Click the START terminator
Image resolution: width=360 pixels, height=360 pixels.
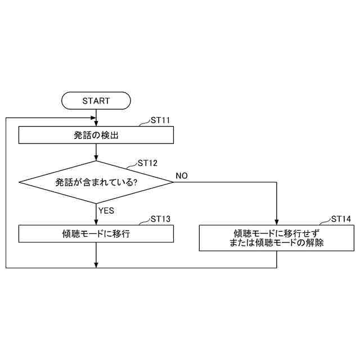(96, 101)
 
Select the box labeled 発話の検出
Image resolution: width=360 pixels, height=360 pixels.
(96, 135)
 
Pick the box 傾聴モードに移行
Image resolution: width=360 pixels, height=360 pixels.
(96, 233)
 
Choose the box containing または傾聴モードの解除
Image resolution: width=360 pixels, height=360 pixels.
(277, 238)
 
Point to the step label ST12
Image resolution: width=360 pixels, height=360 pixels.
(147, 164)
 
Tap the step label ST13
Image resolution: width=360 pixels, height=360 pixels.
(160, 219)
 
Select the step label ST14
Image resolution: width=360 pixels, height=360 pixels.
(341, 219)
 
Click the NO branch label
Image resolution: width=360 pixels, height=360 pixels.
(182, 176)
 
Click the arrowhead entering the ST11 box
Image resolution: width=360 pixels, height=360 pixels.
(97, 124)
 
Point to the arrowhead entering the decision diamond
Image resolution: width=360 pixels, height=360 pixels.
(97, 158)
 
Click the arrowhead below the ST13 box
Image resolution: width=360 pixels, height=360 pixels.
(97, 265)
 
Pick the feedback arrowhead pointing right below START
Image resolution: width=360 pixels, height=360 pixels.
(93, 118)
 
